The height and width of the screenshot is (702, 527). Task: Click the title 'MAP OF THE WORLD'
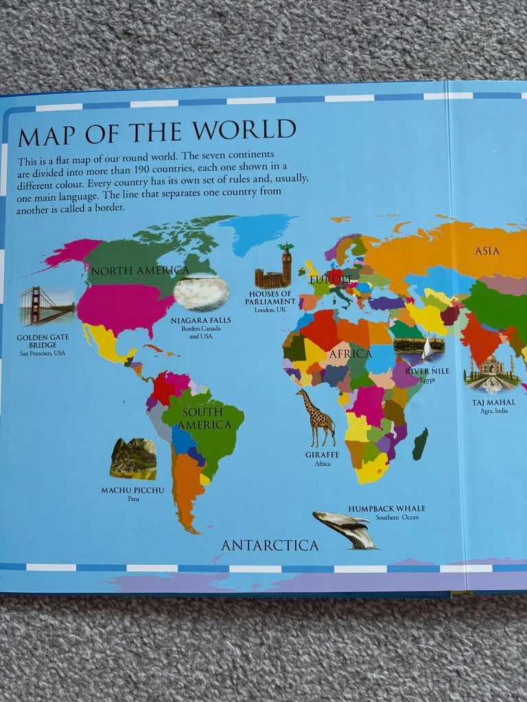pyautogui.click(x=156, y=132)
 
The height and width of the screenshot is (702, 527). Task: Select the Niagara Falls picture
pyautogui.click(x=201, y=292)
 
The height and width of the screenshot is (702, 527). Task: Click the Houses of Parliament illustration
pyautogui.click(x=274, y=268)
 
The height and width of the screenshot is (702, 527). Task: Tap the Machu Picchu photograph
pyautogui.click(x=133, y=459)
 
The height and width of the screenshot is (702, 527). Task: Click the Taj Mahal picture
pyautogui.click(x=491, y=374)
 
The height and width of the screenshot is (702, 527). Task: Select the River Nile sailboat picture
pyautogui.click(x=419, y=349)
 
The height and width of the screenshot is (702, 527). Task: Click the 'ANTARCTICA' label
pyautogui.click(x=270, y=546)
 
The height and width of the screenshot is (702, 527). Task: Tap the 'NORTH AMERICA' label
pyautogui.click(x=139, y=270)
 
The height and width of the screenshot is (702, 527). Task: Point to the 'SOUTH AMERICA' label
pyautogui.click(x=202, y=418)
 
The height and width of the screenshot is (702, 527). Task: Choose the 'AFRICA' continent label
pyautogui.click(x=350, y=354)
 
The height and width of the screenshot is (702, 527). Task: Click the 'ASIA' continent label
pyautogui.click(x=487, y=251)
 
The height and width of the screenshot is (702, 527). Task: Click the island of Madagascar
pyautogui.click(x=420, y=444)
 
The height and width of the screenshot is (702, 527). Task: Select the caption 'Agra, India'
pyautogui.click(x=493, y=412)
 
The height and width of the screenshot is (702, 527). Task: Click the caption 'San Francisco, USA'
pyautogui.click(x=43, y=353)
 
